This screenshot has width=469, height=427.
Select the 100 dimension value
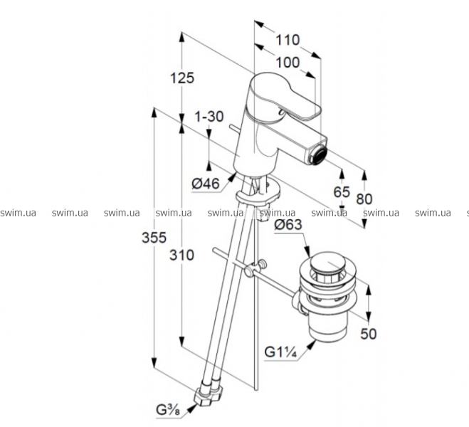(286, 62)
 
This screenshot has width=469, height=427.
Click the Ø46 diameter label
(206, 183)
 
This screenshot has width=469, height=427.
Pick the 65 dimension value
(342, 191)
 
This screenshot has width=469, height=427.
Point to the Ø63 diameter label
(290, 226)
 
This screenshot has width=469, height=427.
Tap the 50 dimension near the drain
(368, 334)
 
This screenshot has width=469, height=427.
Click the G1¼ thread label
(280, 352)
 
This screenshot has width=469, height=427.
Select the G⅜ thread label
(170, 409)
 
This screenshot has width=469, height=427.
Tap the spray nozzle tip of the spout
(319, 150)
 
